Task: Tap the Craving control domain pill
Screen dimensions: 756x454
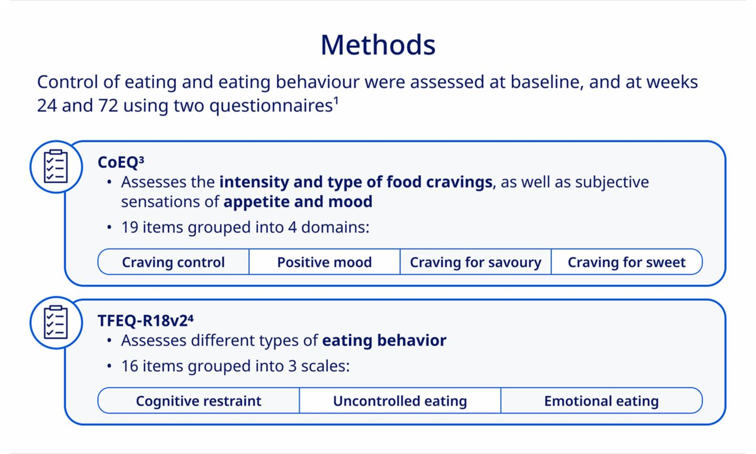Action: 173,262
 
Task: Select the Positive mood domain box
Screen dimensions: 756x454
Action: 324,262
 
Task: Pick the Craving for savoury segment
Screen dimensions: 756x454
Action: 476,262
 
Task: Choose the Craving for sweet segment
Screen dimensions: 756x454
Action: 627,262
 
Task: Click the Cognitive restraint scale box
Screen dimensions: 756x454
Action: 198,400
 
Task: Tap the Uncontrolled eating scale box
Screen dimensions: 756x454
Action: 400,400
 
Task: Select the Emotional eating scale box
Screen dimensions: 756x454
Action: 602,400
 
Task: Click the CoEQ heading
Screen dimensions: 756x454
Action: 121,162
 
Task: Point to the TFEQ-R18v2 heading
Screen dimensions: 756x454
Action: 145,321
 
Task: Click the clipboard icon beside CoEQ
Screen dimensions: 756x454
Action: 56,166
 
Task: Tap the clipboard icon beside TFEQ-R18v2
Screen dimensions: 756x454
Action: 56,322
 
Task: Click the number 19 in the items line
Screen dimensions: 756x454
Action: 130,227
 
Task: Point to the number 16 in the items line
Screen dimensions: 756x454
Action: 130,366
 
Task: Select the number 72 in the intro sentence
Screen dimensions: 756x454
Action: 108,105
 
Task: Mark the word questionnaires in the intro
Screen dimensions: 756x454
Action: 271,106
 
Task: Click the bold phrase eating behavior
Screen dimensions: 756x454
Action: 384,340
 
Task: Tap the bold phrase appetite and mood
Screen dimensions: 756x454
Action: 298,202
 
